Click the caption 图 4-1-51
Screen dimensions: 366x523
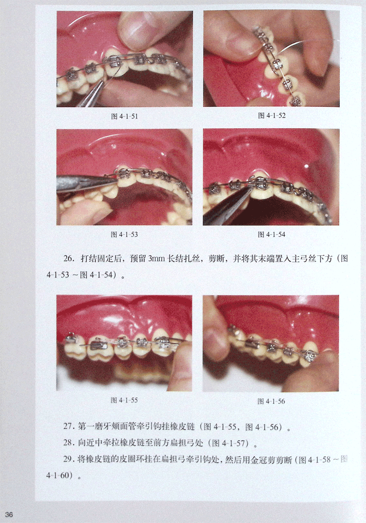tap(124, 116)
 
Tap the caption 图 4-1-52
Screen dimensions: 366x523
tap(272, 116)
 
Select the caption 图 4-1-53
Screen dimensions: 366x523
tap(124, 235)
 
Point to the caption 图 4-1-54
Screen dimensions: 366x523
tap(272, 235)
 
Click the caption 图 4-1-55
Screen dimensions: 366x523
tap(124, 400)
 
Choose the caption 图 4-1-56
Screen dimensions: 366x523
tap(271, 402)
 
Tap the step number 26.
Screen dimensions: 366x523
tap(70, 259)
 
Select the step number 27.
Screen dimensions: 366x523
tap(69, 426)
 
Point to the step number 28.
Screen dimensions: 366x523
tap(69, 442)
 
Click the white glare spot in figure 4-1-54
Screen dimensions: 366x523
tap(307, 166)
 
